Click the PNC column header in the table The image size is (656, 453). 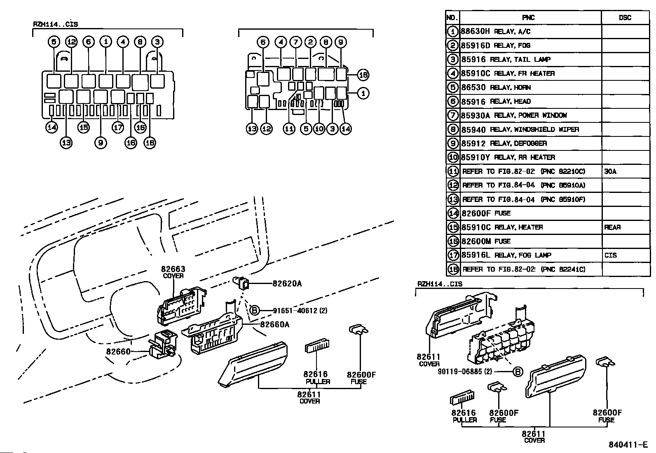528,18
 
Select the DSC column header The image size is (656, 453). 625,18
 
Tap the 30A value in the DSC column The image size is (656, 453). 610,171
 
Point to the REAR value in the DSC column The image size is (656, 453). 612,228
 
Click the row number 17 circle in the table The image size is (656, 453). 453,256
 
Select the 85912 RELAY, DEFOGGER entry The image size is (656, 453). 504,143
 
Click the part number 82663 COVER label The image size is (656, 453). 173,272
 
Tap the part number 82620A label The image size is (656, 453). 287,284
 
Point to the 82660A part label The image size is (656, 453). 274,324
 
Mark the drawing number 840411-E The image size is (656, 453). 628,445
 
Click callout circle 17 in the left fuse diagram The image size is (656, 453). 118,127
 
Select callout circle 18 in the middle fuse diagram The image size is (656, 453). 363,75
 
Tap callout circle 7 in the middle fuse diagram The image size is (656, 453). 295,42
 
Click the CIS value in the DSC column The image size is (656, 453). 610,256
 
